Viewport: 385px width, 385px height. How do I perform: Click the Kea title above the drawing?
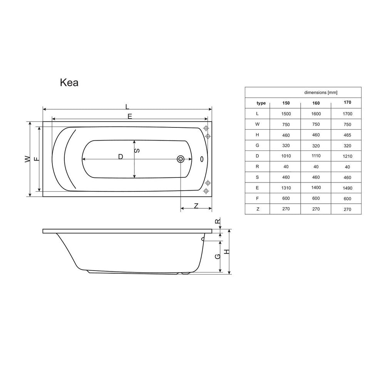(69, 83)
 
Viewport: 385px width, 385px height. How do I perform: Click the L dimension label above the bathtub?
(127, 107)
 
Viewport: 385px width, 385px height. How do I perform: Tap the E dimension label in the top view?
(130, 116)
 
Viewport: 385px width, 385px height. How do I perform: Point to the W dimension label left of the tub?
(28, 159)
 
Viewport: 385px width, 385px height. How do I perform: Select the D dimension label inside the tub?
(120, 157)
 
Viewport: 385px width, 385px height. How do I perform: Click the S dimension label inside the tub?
(137, 151)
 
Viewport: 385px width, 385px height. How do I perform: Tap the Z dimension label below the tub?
(196, 206)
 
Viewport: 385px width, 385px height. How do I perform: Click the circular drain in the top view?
(181, 159)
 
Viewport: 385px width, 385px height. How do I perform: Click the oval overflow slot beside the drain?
(202, 159)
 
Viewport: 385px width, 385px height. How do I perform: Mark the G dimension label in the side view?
(218, 256)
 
